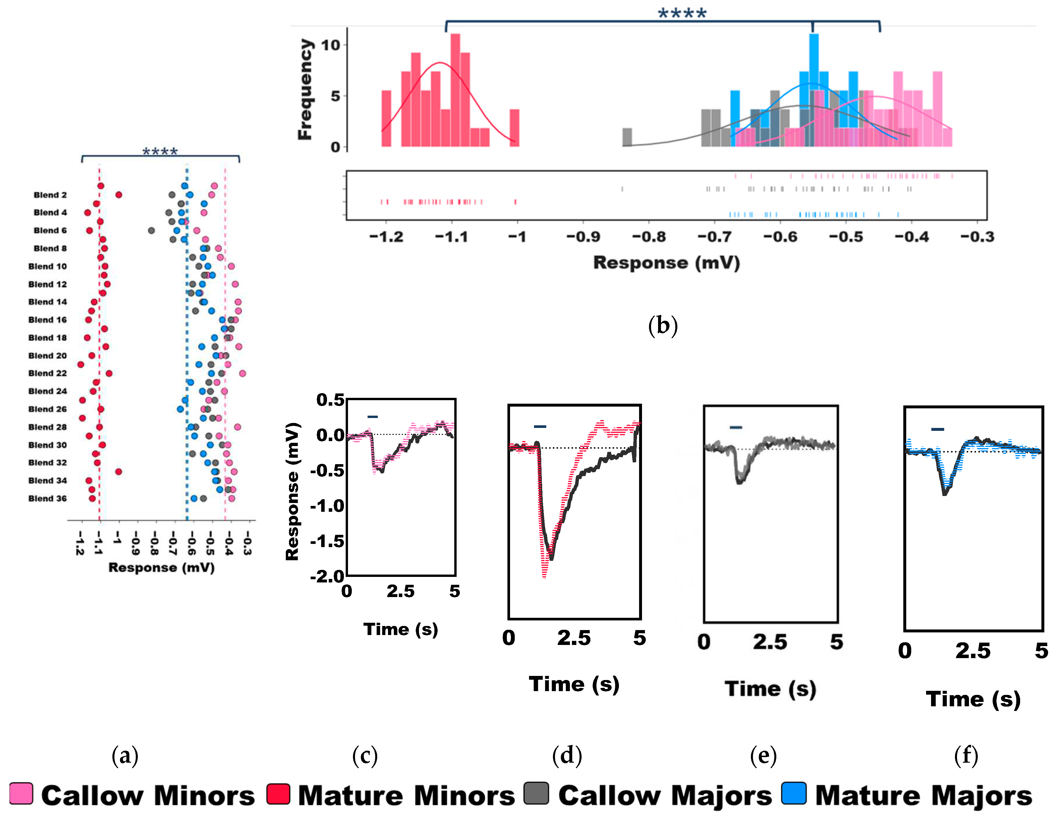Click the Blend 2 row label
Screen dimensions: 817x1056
[x=50, y=195]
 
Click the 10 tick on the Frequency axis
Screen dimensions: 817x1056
[x=331, y=45]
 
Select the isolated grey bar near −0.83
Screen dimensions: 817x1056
[x=627, y=137]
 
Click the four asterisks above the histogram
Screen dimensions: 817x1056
[x=682, y=13]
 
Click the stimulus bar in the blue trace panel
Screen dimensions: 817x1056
[x=937, y=429]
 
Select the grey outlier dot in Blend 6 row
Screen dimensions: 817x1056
[x=151, y=230]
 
